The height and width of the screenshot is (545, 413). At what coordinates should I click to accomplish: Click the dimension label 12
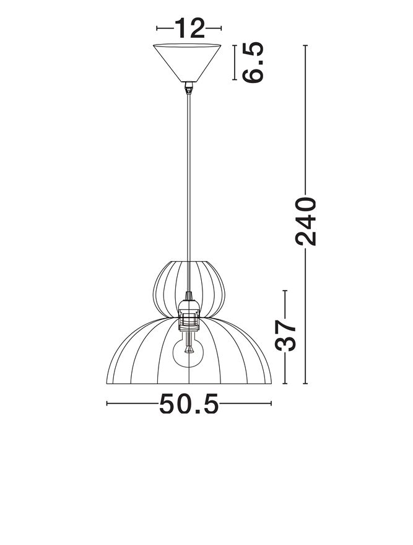click(x=189, y=28)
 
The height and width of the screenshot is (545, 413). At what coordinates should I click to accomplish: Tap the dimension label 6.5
click(x=253, y=63)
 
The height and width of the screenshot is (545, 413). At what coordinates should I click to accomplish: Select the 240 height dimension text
click(x=305, y=222)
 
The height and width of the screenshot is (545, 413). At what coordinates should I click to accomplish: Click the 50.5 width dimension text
click(x=189, y=404)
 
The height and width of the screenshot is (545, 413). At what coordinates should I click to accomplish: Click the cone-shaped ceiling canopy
click(x=187, y=63)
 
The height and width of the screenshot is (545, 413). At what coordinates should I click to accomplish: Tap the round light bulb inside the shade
click(x=188, y=353)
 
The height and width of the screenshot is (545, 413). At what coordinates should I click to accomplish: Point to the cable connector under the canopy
click(x=188, y=88)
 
